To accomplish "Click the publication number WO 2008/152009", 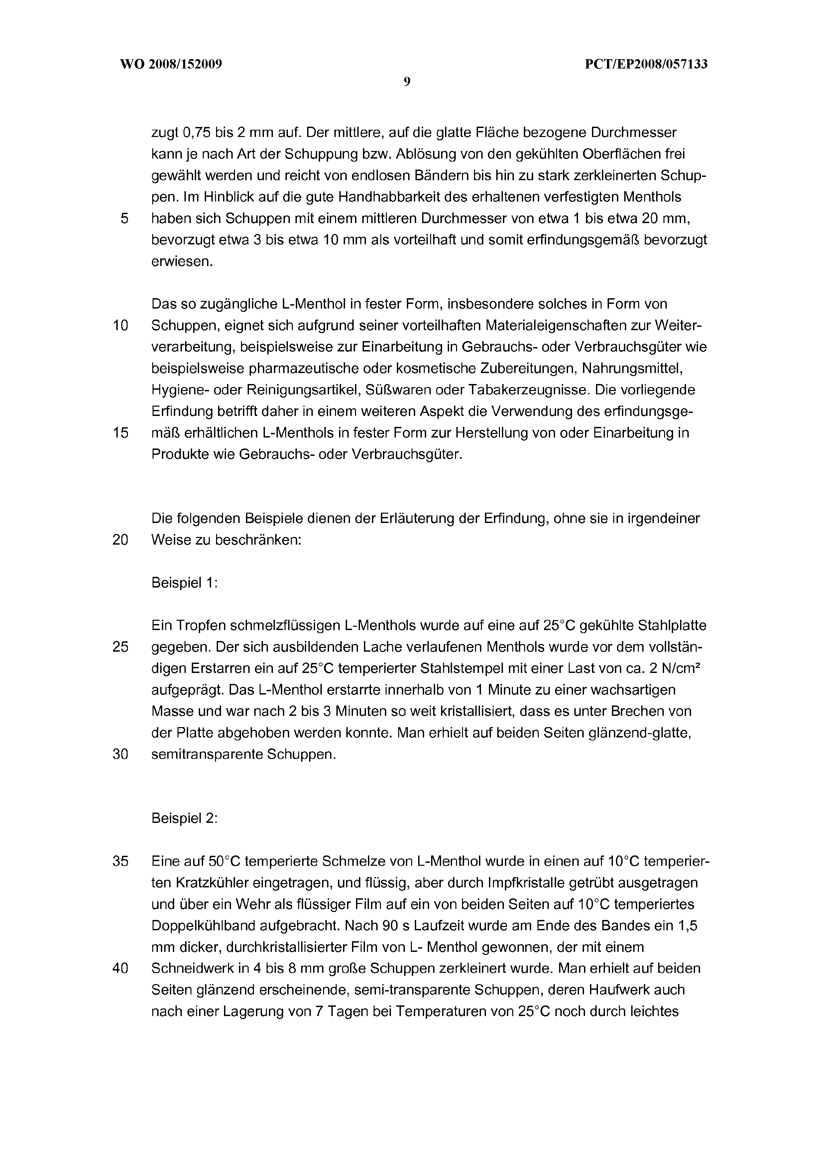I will pos(171,65).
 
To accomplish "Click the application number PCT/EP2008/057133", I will pos(646,65).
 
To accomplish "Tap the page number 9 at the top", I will pos(407,82).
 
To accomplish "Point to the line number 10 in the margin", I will pos(121,325).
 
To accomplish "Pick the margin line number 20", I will pos(121,540).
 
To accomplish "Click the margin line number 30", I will pos(121,754).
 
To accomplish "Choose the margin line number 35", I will pos(121,861).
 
